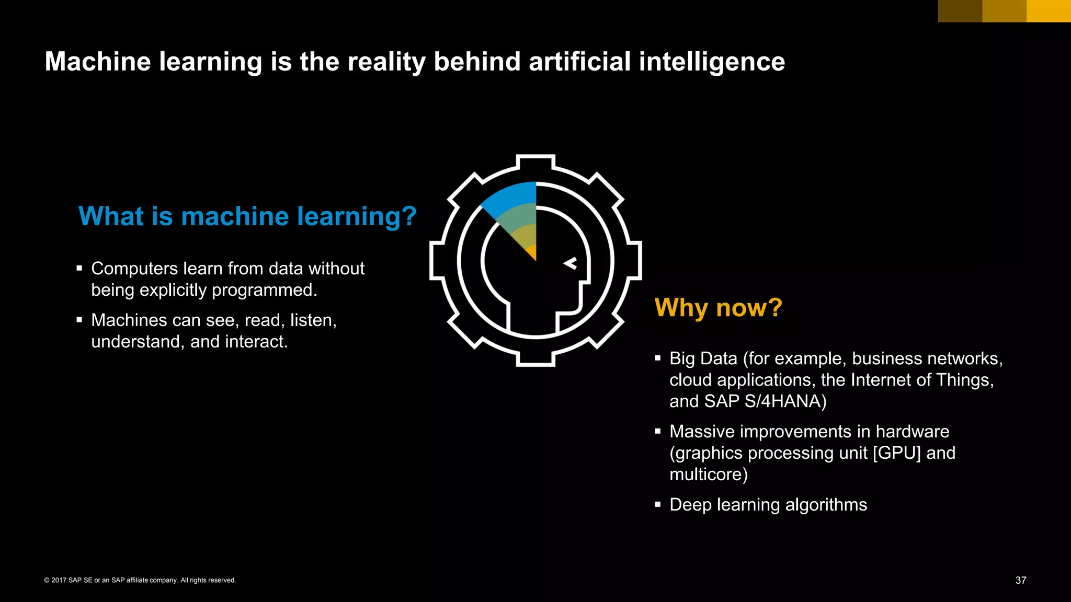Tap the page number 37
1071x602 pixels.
click(1020, 580)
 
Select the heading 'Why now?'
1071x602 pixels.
click(718, 307)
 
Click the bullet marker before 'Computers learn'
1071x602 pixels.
click(79, 269)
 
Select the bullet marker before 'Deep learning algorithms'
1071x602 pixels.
click(658, 505)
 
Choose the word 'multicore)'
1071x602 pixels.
click(709, 474)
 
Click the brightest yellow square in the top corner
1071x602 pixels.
click(1049, 11)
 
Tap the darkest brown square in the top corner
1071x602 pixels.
click(960, 11)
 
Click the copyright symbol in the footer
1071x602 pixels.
click(47, 580)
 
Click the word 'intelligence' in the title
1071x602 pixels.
click(712, 62)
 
